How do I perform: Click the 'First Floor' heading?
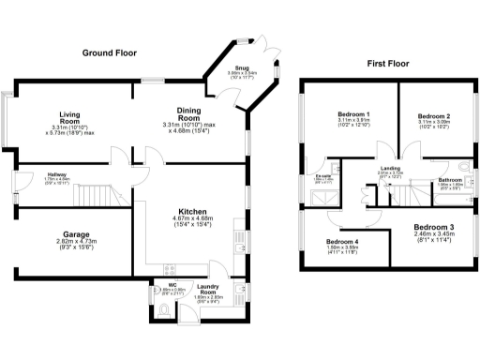388,64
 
